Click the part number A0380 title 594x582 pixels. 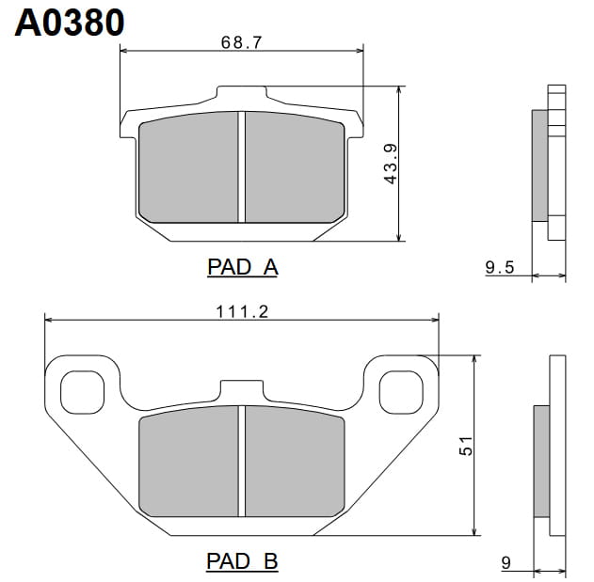(70, 23)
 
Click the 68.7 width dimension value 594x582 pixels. (242, 42)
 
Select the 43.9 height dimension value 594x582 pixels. (391, 164)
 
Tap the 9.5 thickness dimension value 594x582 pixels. (500, 268)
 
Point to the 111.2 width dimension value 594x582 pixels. (242, 312)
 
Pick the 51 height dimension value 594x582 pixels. (466, 446)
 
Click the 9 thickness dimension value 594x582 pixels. (506, 562)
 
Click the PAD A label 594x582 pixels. (243, 267)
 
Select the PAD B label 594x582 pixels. (243, 560)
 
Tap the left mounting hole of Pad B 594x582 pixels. (82, 392)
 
